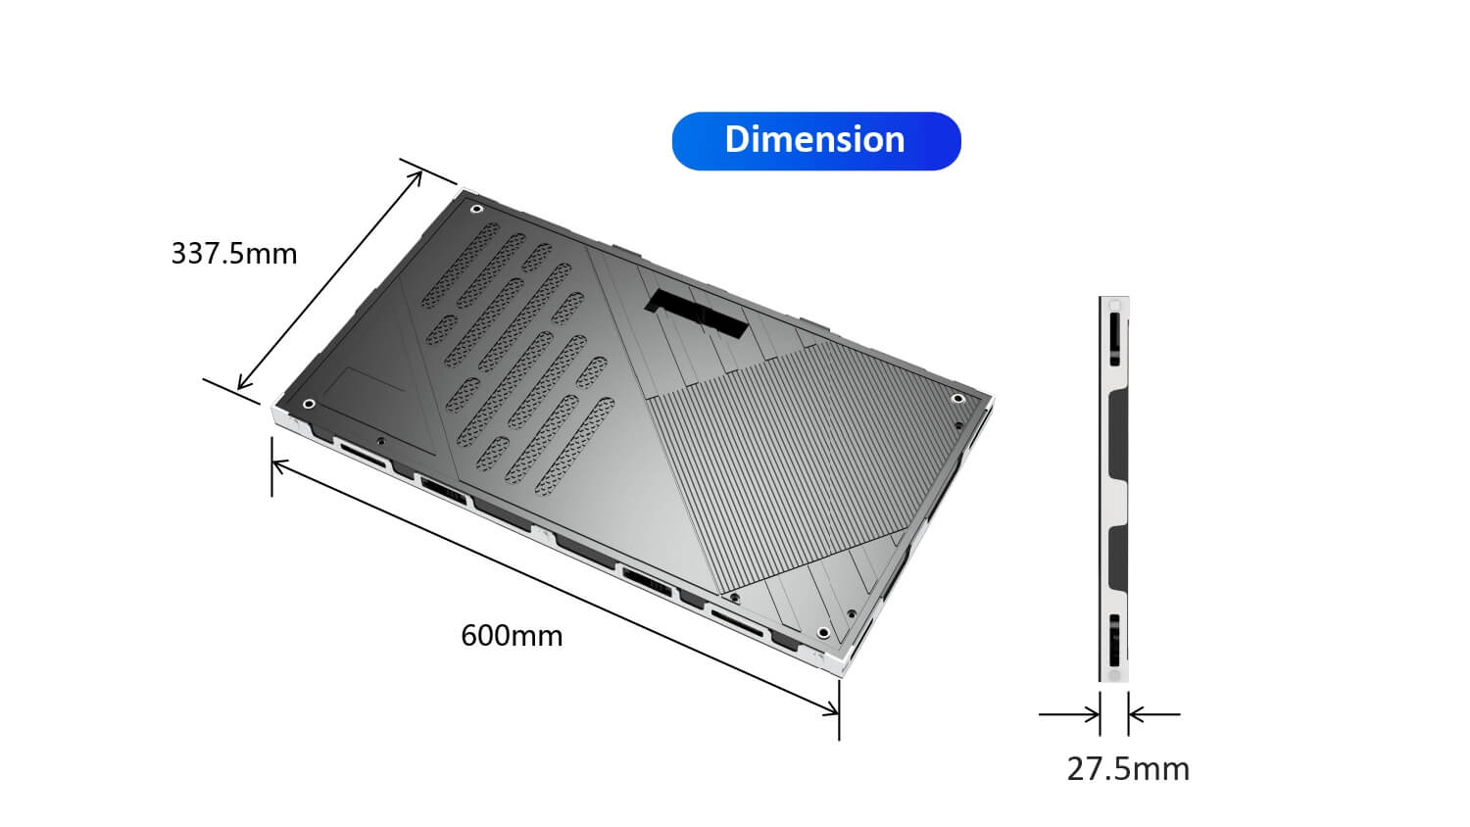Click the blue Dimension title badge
[816, 141]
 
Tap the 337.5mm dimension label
[234, 254]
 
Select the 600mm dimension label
[512, 636]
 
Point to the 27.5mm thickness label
[1128, 769]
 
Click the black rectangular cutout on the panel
[697, 313]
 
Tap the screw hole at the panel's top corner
[477, 209]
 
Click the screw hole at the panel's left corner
[309, 403]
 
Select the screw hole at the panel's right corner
[958, 399]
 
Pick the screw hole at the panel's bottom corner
[823, 633]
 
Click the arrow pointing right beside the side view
[1069, 714]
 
